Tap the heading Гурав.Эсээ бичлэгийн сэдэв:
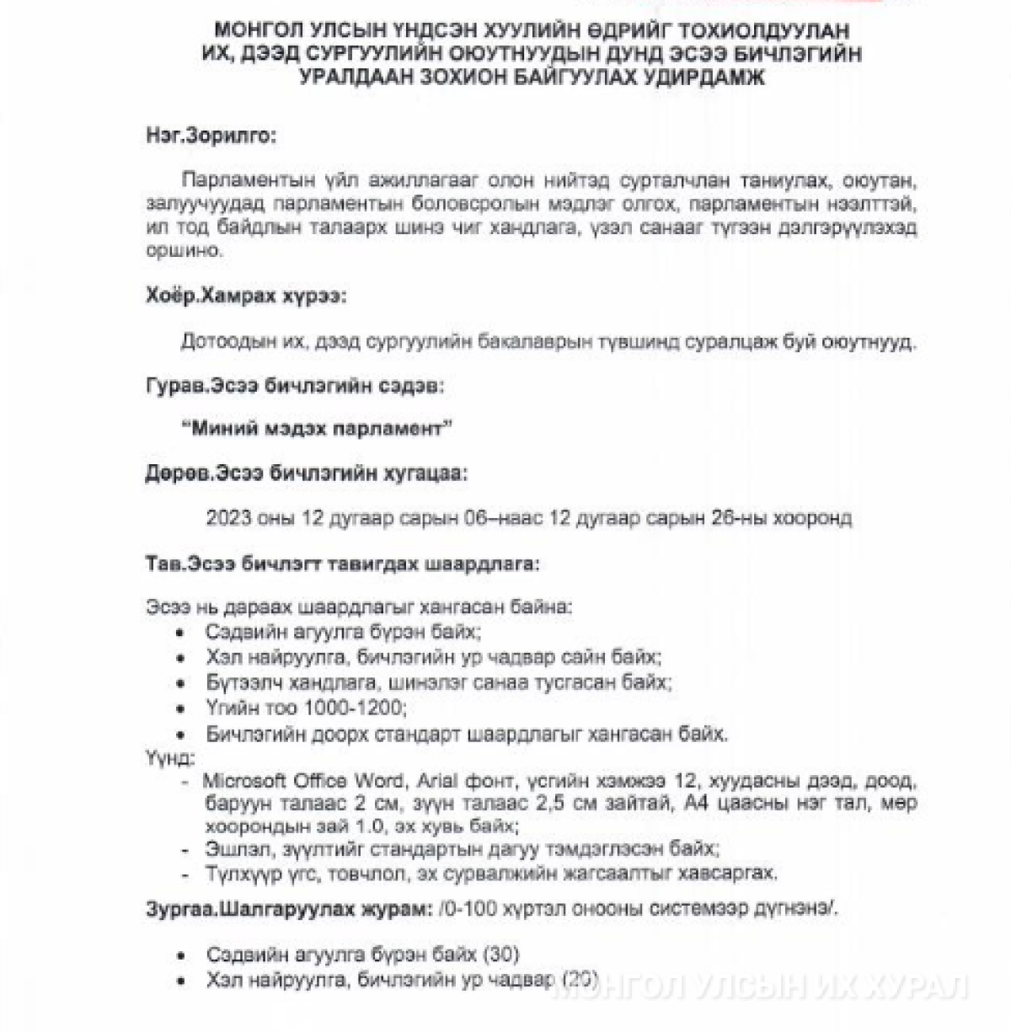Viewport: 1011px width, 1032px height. (295, 386)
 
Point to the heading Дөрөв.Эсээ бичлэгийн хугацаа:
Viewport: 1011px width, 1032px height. (306, 473)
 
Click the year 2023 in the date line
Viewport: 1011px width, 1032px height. (228, 517)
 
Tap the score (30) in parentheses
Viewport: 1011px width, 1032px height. (501, 954)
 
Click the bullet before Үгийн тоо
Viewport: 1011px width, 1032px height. (181, 708)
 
